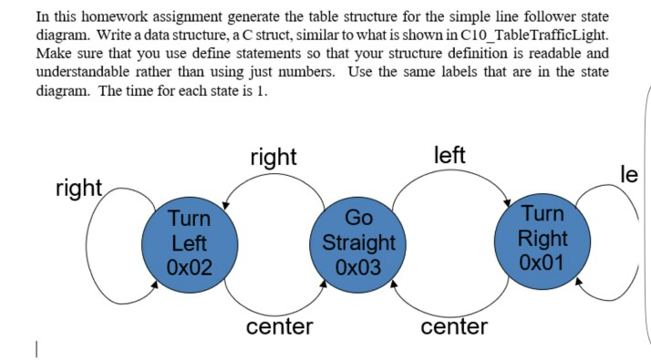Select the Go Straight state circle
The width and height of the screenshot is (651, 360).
[358, 242]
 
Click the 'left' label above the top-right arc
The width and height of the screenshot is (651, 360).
[450, 155]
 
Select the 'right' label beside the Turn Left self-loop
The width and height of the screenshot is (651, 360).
[78, 188]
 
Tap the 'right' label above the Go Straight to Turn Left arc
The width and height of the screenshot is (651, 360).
[273, 157]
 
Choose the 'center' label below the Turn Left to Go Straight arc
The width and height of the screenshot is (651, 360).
[279, 326]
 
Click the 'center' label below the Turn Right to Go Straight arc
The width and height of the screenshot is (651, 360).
[454, 326]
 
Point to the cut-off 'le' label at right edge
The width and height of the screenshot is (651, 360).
[630, 174]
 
